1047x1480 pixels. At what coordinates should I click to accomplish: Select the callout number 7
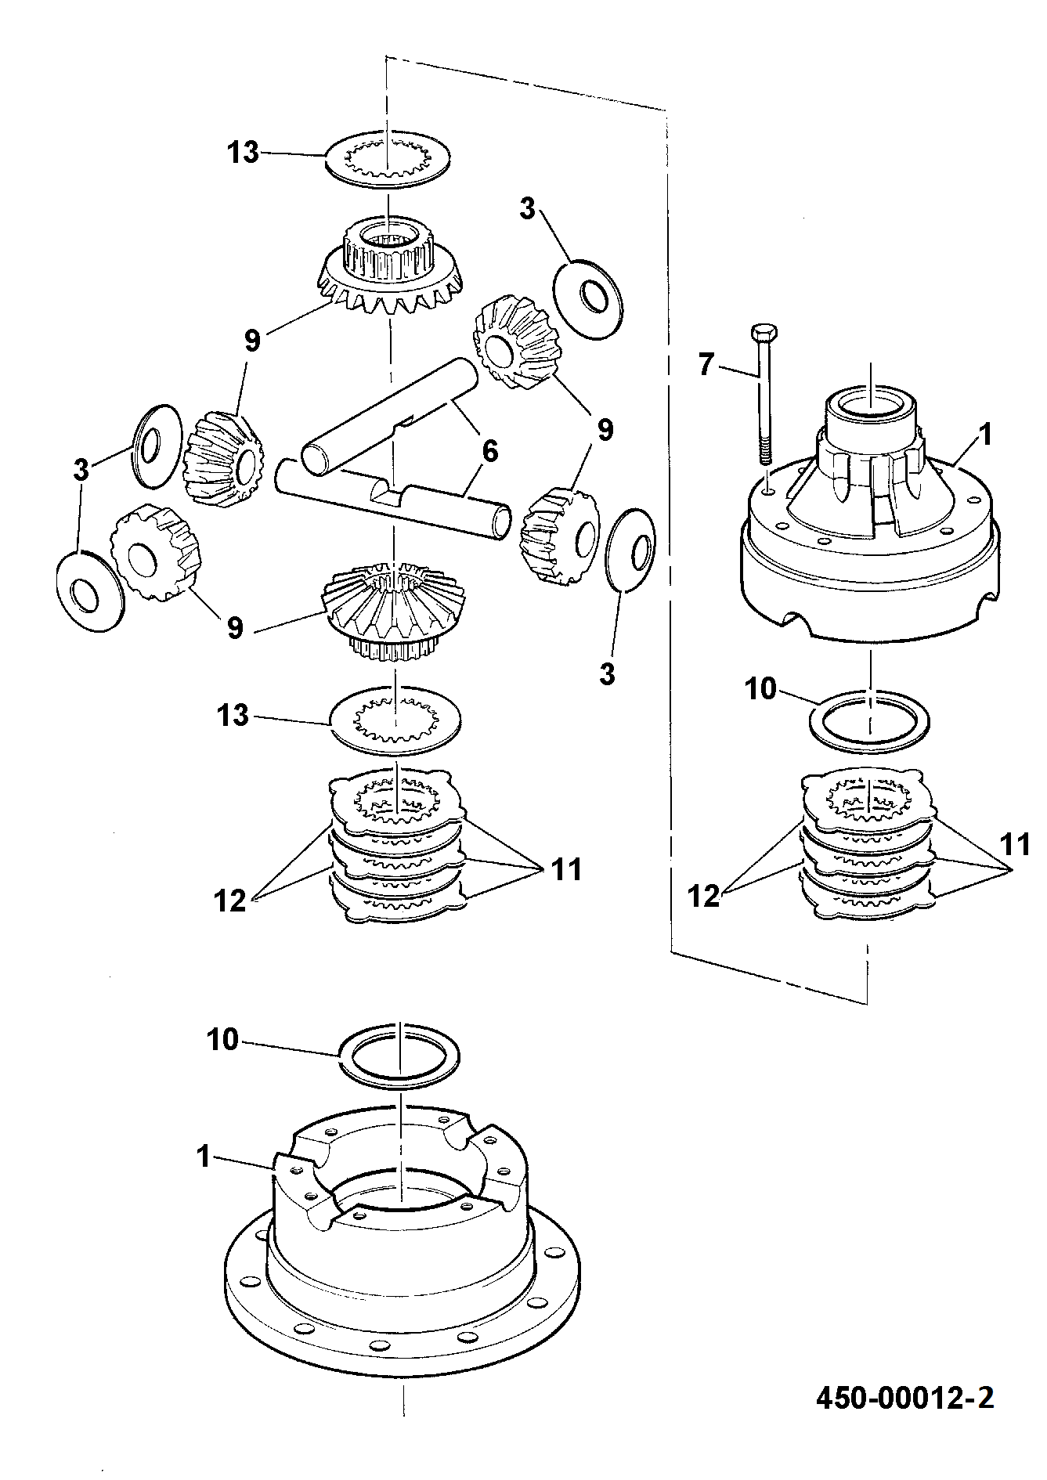(706, 365)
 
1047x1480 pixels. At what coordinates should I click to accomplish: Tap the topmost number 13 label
(244, 152)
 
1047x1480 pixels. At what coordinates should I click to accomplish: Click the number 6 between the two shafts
(490, 452)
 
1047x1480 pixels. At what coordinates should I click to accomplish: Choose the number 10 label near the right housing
(760, 689)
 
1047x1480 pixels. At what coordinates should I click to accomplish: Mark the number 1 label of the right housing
(985, 435)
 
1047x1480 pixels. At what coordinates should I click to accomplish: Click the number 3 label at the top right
(528, 210)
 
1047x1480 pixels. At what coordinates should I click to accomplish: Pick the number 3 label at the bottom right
(608, 674)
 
